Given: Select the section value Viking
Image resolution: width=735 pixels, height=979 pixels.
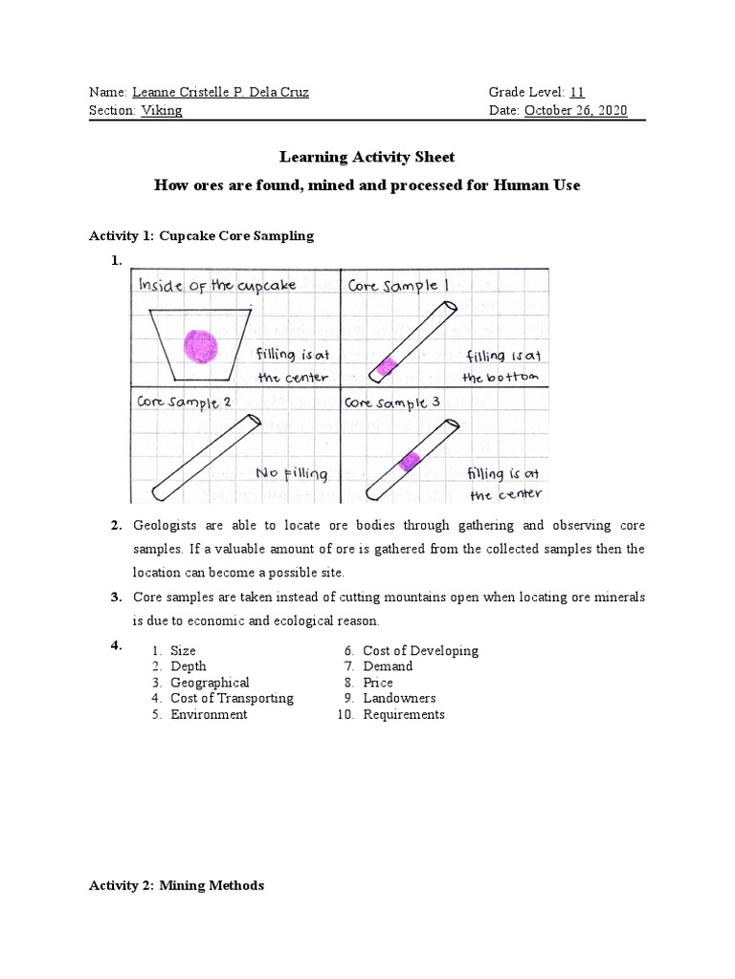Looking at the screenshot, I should pyautogui.click(x=162, y=111).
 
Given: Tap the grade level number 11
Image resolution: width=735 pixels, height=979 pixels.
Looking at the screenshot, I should pyautogui.click(x=577, y=93).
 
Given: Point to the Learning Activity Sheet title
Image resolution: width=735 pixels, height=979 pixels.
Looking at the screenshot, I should pyautogui.click(x=367, y=157).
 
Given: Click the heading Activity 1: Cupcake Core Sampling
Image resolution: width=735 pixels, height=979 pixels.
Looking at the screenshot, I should pyautogui.click(x=201, y=235).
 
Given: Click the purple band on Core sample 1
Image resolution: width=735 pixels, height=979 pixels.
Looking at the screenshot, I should pyautogui.click(x=388, y=363).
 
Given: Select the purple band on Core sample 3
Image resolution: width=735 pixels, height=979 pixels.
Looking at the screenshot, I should pyautogui.click(x=411, y=462).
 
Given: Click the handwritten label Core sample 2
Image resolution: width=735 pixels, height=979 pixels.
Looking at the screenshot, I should pyautogui.click(x=185, y=402).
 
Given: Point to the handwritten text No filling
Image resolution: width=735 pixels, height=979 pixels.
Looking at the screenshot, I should pyautogui.click(x=291, y=473).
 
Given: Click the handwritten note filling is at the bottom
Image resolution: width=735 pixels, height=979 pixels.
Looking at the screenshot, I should pyautogui.click(x=501, y=366).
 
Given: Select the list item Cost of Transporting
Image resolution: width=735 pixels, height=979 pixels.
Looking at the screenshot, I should pyautogui.click(x=232, y=699).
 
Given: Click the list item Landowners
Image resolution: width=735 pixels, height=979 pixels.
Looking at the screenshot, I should pyautogui.click(x=399, y=699).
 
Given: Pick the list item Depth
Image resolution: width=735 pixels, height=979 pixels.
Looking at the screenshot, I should pyautogui.click(x=188, y=666).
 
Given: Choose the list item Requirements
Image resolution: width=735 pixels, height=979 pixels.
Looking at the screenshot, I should pyautogui.click(x=404, y=715).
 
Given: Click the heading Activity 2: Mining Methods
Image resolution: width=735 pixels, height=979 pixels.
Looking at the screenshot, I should pyautogui.click(x=176, y=886).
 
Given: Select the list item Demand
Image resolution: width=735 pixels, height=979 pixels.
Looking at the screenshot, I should pyautogui.click(x=388, y=666).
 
